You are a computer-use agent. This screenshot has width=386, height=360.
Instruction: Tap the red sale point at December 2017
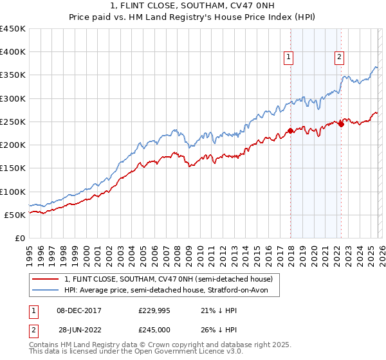pyautogui.click(x=290, y=130)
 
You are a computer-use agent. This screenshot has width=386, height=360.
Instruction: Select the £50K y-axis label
pyautogui.click(x=15, y=215)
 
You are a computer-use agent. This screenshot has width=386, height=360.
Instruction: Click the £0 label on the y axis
pyautogui.click(x=21, y=238)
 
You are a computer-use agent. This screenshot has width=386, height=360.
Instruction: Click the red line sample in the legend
pyautogui.click(x=46, y=279)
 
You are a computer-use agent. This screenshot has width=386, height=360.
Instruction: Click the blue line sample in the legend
pyautogui.click(x=46, y=291)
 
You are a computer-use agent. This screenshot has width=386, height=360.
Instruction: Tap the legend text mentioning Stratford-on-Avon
pyautogui.click(x=170, y=291)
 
